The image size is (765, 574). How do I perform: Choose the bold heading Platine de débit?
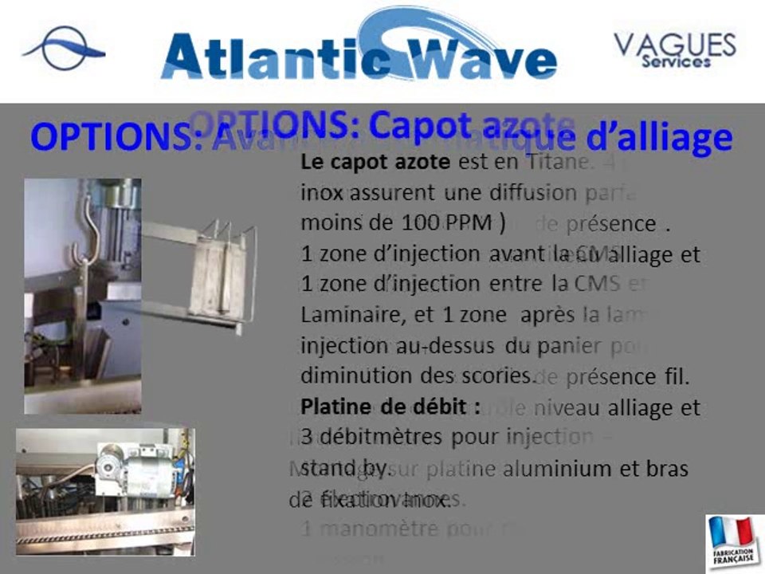click(x=390, y=406)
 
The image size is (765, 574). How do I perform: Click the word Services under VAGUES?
click(x=676, y=61)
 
